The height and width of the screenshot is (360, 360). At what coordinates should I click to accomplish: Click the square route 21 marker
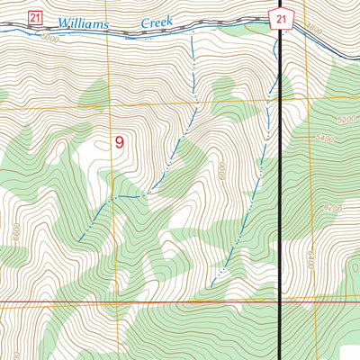coord(34,17)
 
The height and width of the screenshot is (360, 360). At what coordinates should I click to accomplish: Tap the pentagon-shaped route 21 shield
coord(281,18)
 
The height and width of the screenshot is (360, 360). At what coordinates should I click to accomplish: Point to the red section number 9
coord(119,142)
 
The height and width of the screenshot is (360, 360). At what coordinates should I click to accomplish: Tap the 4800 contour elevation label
coord(313,30)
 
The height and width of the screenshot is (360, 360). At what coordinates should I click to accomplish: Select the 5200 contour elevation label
coord(346,119)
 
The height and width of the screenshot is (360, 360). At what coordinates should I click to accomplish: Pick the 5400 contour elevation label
coord(325,139)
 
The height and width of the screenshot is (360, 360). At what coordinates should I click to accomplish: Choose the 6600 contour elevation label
coord(15,231)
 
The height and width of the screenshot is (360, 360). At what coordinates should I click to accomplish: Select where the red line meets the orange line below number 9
coord(114,302)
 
